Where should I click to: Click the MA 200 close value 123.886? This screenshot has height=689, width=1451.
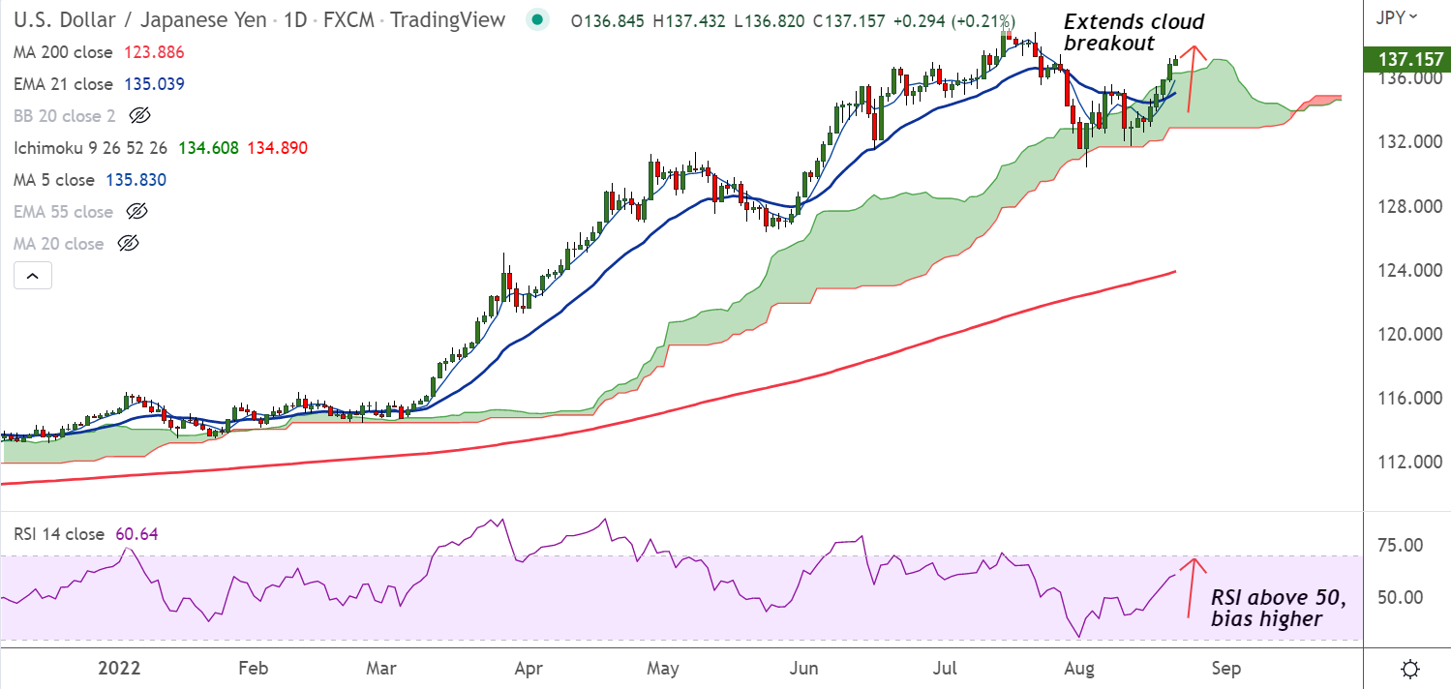pos(154,52)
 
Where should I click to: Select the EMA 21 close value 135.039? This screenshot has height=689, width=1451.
pos(154,84)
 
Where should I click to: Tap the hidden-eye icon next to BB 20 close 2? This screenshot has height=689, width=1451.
pos(139,116)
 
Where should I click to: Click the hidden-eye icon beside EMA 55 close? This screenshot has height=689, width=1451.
pos(136,212)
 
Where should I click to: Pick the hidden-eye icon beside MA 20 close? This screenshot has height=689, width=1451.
pos(128,244)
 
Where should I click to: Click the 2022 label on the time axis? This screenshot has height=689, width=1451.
pos(120,669)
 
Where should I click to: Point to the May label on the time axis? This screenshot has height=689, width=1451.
pos(663,669)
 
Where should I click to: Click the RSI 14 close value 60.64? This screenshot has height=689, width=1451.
pos(136,533)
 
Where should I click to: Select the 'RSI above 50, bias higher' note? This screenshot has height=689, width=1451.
pos(1279,608)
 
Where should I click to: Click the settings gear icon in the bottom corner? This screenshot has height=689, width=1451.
pos(1410,669)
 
